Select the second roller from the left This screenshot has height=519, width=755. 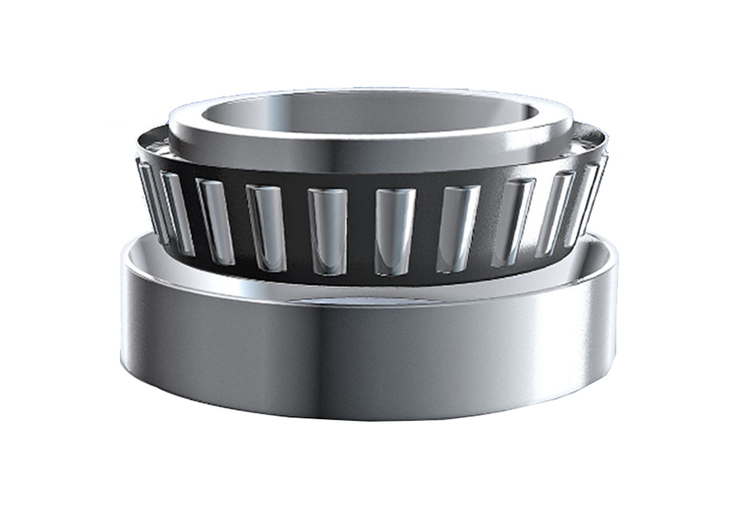tap(176, 213)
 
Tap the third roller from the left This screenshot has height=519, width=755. tap(216, 221)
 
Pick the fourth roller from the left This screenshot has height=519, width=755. tap(267, 227)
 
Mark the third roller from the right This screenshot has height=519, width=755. tap(513, 222)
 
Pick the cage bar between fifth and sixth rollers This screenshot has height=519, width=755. tap(361, 231)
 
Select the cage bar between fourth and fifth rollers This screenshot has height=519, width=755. tap(297, 229)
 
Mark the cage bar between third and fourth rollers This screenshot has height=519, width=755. tap(241, 225)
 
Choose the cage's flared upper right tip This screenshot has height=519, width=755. tap(600, 137)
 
